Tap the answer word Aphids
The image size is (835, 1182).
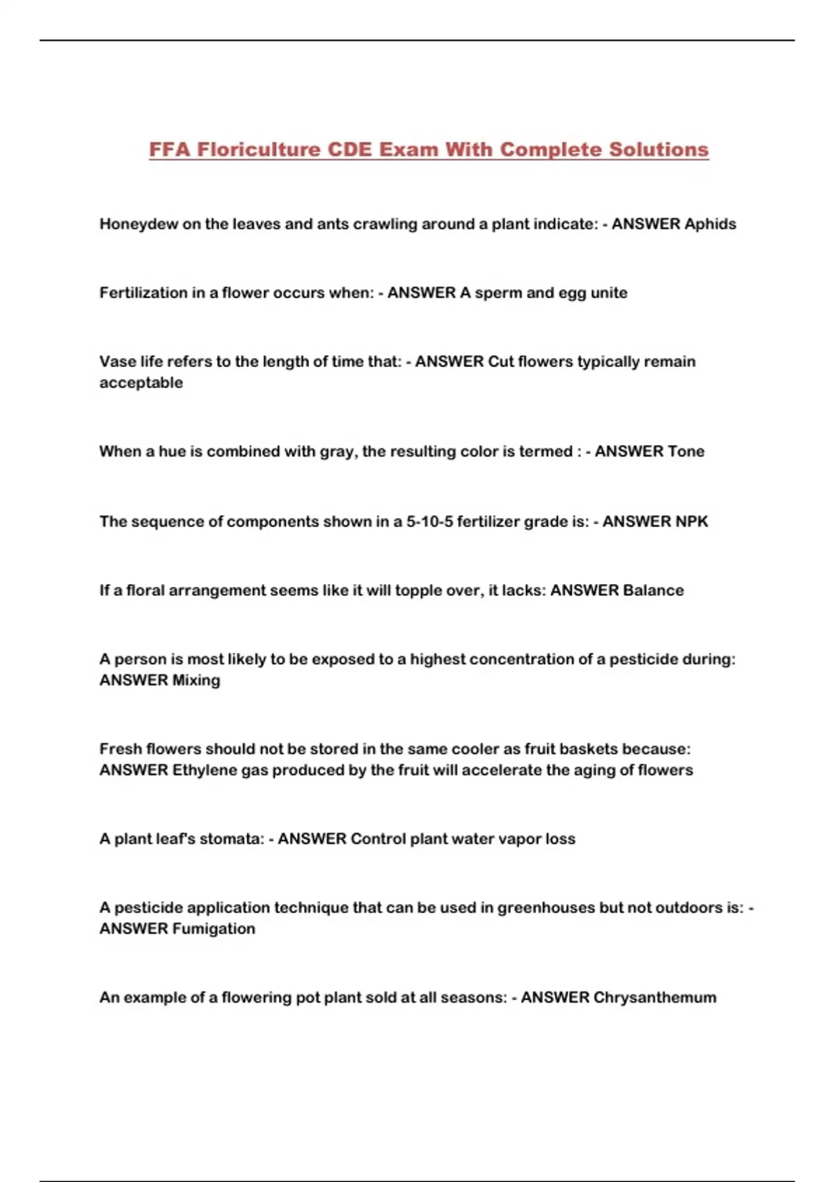(x=710, y=224)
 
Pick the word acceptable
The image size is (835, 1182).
(x=141, y=382)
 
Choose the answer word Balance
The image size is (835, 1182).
(x=653, y=590)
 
